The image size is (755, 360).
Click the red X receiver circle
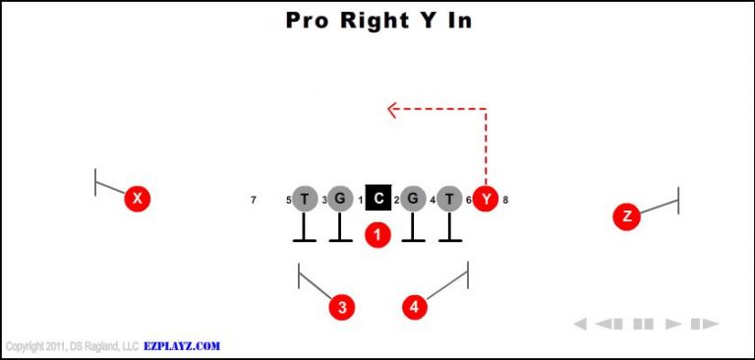click(138, 200)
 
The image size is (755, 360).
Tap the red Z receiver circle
click(626, 216)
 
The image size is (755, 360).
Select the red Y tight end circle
click(486, 200)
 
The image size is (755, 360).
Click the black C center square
click(377, 200)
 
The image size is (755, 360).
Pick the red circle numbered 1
click(377, 234)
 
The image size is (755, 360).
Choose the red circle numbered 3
click(341, 307)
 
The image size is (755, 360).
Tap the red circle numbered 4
click(415, 307)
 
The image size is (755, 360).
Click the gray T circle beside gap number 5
click(305, 200)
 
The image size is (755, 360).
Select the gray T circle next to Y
click(449, 200)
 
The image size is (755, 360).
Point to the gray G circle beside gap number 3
click(340, 200)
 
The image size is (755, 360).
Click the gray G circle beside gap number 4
click(413, 200)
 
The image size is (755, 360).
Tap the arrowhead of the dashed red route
click(391, 109)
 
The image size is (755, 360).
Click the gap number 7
click(254, 201)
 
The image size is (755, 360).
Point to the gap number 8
click(505, 201)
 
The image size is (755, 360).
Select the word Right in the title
click(366, 20)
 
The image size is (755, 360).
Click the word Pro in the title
click(307, 20)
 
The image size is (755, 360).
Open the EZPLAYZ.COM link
click(183, 346)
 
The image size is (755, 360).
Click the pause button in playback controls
click(644, 324)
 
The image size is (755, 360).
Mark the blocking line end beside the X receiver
click(95, 182)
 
